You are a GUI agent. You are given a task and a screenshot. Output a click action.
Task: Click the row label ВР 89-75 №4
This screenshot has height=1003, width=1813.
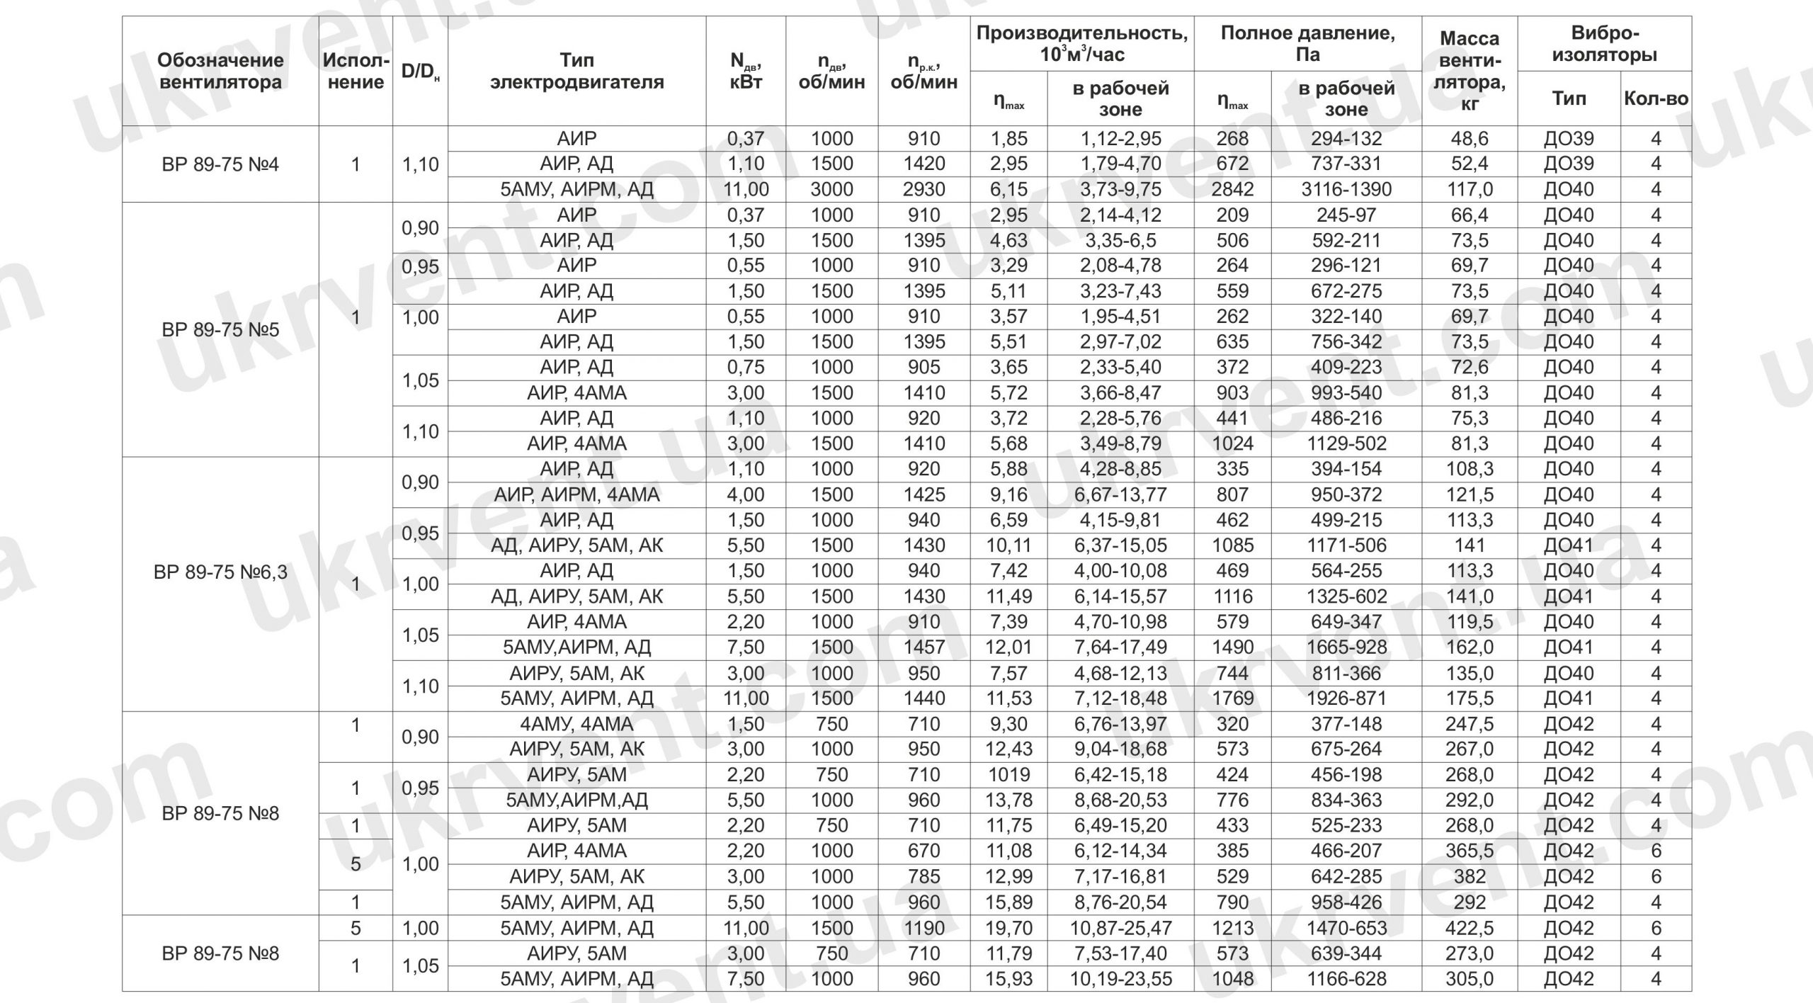click(220, 164)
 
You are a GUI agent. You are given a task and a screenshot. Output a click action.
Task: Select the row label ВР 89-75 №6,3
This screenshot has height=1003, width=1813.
click(220, 572)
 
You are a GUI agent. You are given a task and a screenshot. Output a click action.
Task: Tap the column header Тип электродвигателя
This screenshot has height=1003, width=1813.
click(576, 71)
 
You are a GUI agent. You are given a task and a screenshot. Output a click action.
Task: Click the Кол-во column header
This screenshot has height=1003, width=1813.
click(1656, 98)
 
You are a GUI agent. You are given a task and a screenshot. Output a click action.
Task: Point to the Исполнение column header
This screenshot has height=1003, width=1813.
click(356, 71)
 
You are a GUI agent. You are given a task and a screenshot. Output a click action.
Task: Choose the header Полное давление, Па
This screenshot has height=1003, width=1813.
click(1307, 44)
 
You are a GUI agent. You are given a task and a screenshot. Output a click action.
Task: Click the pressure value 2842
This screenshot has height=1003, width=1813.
click(1232, 189)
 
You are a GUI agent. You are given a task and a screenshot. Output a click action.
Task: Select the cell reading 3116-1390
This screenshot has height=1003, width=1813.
click(1346, 189)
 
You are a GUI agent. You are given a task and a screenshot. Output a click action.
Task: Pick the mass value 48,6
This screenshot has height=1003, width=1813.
click(1470, 138)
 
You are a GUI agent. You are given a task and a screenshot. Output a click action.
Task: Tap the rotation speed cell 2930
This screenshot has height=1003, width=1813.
click(923, 189)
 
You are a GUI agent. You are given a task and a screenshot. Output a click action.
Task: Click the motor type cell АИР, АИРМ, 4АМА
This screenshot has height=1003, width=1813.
click(576, 494)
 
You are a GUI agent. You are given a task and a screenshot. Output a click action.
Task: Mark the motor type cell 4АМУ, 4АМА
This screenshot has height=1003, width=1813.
click(576, 724)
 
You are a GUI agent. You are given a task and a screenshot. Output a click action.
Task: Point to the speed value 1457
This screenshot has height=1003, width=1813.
click(923, 647)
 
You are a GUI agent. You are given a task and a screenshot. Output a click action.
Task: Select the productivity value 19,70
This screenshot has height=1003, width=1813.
click(1008, 928)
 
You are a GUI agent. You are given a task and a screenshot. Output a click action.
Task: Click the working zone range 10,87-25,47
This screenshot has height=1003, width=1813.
click(1120, 928)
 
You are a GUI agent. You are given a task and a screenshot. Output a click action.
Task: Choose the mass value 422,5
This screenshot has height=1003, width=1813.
click(1470, 928)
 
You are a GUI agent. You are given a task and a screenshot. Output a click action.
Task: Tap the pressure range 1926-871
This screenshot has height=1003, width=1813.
click(1346, 698)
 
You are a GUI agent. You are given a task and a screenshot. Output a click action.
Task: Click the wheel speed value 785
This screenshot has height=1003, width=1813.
click(923, 876)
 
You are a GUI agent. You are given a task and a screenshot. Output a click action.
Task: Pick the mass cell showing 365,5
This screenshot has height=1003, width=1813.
click(1470, 851)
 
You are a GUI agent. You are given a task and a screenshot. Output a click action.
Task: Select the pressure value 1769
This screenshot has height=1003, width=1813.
click(1232, 698)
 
